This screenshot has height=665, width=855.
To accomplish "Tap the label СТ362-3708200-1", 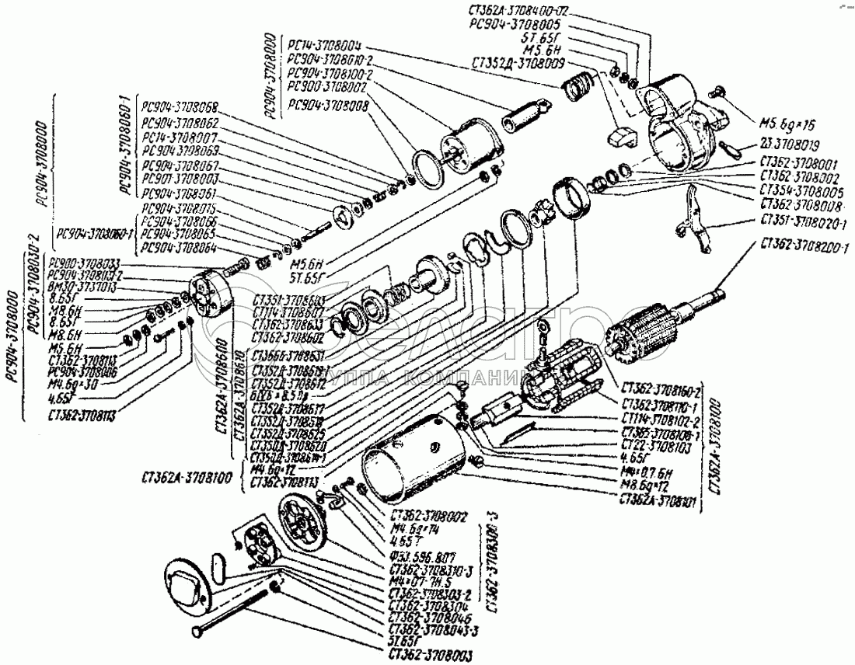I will (801, 246).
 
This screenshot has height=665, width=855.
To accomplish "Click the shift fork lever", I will (696, 226).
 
